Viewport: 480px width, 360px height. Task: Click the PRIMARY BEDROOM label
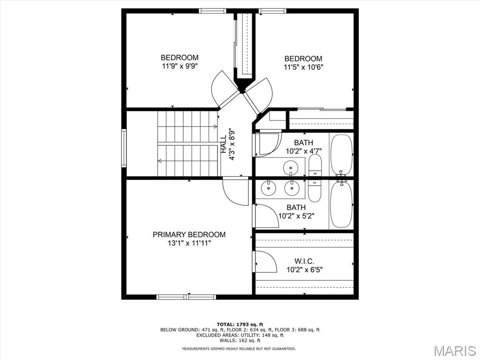click(189, 234)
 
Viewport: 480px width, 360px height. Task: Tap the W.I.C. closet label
click(304, 261)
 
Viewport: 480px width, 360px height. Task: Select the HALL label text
click(224, 144)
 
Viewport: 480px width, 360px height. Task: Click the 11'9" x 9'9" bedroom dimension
click(180, 66)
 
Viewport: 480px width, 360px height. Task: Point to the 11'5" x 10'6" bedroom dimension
click(303, 67)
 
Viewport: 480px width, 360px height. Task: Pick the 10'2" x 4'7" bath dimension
click(304, 151)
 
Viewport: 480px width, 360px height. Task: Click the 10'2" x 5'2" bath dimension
click(296, 216)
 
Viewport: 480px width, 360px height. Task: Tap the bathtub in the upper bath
click(342, 155)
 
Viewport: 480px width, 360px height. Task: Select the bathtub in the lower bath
click(342, 204)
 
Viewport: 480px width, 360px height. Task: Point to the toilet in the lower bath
click(314, 190)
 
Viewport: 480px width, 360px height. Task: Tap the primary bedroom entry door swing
click(236, 191)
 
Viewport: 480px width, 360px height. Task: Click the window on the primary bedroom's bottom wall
click(186, 297)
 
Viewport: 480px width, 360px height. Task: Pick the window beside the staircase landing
click(124, 148)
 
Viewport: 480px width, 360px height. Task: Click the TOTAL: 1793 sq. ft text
click(240, 324)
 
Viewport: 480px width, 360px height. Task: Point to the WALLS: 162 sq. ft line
click(240, 340)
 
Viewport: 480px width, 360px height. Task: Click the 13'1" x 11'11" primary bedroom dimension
click(189, 243)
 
